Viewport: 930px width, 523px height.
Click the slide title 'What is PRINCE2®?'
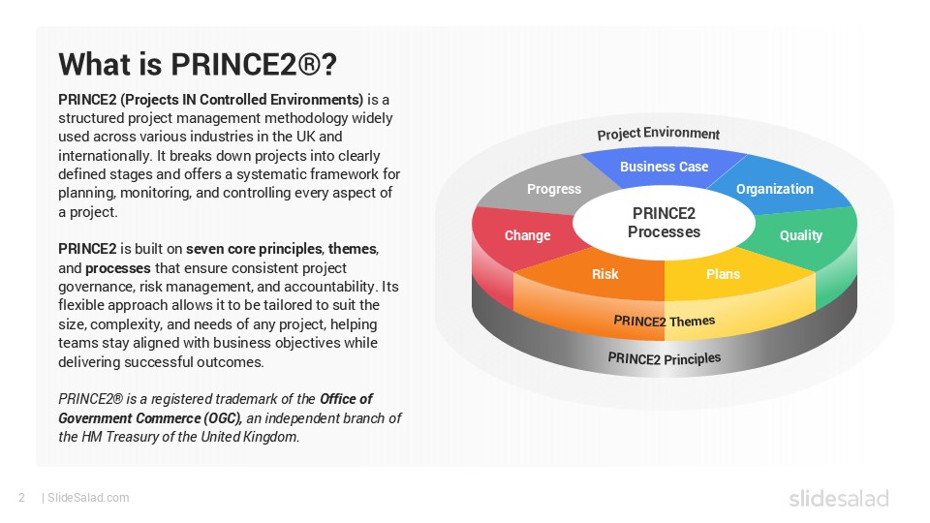point(198,64)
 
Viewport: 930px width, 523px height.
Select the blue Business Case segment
point(664,168)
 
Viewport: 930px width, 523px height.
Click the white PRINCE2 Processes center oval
point(664,224)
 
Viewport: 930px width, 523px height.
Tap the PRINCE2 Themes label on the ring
point(665,322)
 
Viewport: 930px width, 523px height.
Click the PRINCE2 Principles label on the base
point(665,358)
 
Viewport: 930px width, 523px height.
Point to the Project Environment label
point(659,134)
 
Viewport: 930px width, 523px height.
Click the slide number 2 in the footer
point(22,498)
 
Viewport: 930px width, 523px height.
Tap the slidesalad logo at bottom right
point(839,498)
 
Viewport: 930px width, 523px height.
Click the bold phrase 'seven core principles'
point(255,249)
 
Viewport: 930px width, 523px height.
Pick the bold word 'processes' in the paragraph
point(118,268)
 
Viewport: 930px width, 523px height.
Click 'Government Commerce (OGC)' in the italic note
point(150,418)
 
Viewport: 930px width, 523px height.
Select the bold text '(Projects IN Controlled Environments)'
point(241,100)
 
